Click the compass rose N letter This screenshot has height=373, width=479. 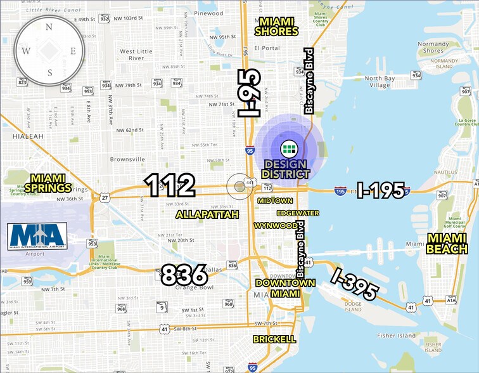pos(49,27)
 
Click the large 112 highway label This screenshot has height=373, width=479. pos(170,185)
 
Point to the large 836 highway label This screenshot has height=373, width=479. pos(184,275)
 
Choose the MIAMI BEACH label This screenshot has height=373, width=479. pos(447,244)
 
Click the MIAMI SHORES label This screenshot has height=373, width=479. pos(276,26)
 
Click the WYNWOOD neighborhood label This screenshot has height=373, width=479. pos(275,225)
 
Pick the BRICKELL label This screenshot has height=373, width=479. pos(274,339)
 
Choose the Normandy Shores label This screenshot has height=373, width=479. pos(434,48)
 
